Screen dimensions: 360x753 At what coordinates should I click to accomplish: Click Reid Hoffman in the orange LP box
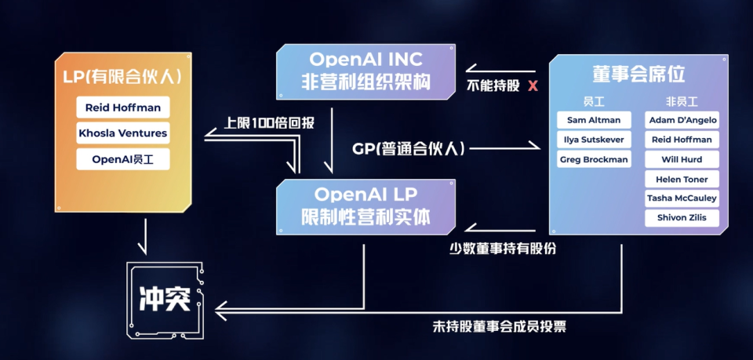point(122,107)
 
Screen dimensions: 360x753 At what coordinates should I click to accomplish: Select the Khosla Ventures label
point(122,133)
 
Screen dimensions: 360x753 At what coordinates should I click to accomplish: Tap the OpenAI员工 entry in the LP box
point(122,159)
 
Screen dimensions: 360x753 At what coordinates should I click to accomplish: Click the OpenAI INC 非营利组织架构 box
point(366,71)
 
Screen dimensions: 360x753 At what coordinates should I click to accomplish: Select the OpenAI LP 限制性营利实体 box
point(366,205)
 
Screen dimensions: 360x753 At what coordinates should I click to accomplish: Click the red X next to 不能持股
point(533,85)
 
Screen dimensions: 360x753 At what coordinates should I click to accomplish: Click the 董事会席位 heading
point(638,75)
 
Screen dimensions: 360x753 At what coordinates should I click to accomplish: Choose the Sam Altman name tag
point(594,120)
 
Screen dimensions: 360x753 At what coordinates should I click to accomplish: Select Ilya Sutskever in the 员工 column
point(594,140)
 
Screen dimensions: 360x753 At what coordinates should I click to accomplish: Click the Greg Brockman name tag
point(594,159)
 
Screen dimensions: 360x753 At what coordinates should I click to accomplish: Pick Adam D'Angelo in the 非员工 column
point(682,120)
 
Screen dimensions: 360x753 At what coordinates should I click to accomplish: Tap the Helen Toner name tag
point(682,179)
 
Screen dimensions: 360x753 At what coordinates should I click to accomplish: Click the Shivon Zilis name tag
point(682,218)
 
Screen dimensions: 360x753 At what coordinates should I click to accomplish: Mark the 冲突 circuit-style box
point(166,300)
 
